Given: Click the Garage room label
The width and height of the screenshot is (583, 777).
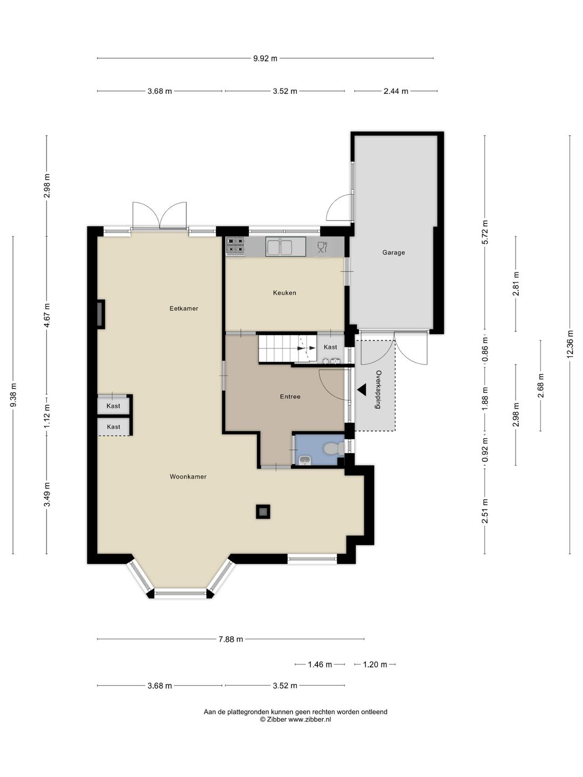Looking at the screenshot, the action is [x=394, y=253].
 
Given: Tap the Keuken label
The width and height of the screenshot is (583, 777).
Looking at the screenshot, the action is [x=284, y=293].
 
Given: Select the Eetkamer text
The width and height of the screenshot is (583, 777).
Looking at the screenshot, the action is [x=184, y=308].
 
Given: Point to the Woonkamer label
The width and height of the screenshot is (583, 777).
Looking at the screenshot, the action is [x=188, y=476].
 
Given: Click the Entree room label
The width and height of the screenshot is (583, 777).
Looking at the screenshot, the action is [x=290, y=397].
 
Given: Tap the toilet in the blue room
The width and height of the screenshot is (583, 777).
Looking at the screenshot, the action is [x=333, y=448].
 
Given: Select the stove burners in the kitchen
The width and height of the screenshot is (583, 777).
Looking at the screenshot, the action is [x=236, y=246].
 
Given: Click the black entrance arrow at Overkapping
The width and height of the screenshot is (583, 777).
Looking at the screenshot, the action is [x=362, y=390].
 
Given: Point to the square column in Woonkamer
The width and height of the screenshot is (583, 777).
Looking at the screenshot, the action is [x=263, y=512].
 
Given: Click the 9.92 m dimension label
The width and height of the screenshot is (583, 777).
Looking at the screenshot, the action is [x=265, y=58].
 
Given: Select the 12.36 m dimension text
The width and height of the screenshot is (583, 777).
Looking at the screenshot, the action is [x=570, y=344].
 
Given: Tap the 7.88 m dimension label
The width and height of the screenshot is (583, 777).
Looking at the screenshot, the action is [x=231, y=639].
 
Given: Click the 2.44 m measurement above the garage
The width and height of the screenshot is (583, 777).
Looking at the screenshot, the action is [x=396, y=91].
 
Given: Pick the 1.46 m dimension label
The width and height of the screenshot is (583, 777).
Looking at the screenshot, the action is [x=320, y=664].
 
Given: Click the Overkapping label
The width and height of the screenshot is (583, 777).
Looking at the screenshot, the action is [x=378, y=390].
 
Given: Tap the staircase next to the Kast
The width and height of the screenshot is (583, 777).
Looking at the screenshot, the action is [x=287, y=349].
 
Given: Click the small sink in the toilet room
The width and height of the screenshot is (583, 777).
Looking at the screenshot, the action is [x=304, y=460].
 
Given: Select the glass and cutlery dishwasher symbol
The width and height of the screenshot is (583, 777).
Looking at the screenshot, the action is [x=322, y=247].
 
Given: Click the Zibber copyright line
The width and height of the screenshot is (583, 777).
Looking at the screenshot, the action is [x=296, y=719].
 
